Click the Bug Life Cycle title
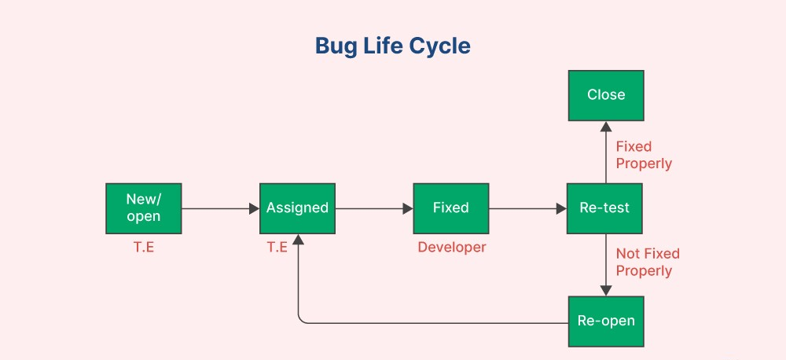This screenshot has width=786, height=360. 392,46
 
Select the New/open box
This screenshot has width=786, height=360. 143,208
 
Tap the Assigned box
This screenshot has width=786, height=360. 297,208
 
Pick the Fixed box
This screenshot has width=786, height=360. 450,208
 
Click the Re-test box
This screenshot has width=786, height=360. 604,208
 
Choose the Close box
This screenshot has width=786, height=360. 606,95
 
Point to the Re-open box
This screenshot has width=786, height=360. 606,321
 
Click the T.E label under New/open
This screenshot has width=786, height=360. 143,247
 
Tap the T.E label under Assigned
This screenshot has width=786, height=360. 277,247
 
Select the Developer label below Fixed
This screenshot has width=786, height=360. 452,247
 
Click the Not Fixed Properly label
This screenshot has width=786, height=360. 648,263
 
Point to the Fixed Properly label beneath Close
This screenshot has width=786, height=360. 644,155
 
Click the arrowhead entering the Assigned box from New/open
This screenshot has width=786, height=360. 254,208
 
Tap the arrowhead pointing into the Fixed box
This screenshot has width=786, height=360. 407,208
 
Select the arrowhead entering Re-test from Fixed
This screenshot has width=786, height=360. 561,208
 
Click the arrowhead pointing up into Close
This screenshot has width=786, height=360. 606,127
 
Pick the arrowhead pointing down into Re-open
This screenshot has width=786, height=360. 606,291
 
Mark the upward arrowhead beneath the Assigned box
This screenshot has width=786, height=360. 298,240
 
